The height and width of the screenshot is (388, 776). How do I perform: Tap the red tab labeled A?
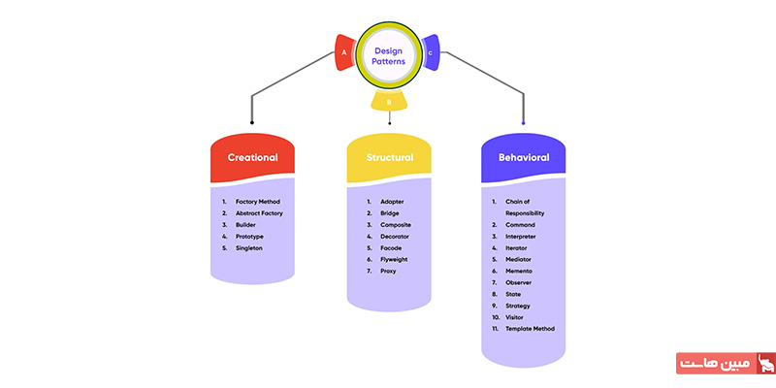coord(342,53)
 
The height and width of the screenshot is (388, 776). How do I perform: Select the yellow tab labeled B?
coord(389,101)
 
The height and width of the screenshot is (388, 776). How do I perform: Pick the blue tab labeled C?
coord(431,53)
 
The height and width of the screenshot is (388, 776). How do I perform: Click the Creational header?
coord(252,157)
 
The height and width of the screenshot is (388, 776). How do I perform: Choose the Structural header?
coord(389,157)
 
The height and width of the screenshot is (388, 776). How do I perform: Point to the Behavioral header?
coord(524,157)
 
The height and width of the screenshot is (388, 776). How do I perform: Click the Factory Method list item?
coord(258,202)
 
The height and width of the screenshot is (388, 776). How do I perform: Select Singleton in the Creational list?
coord(249,248)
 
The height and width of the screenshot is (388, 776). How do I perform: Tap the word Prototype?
coord(250,237)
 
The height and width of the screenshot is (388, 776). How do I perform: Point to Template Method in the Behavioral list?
coord(531,328)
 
